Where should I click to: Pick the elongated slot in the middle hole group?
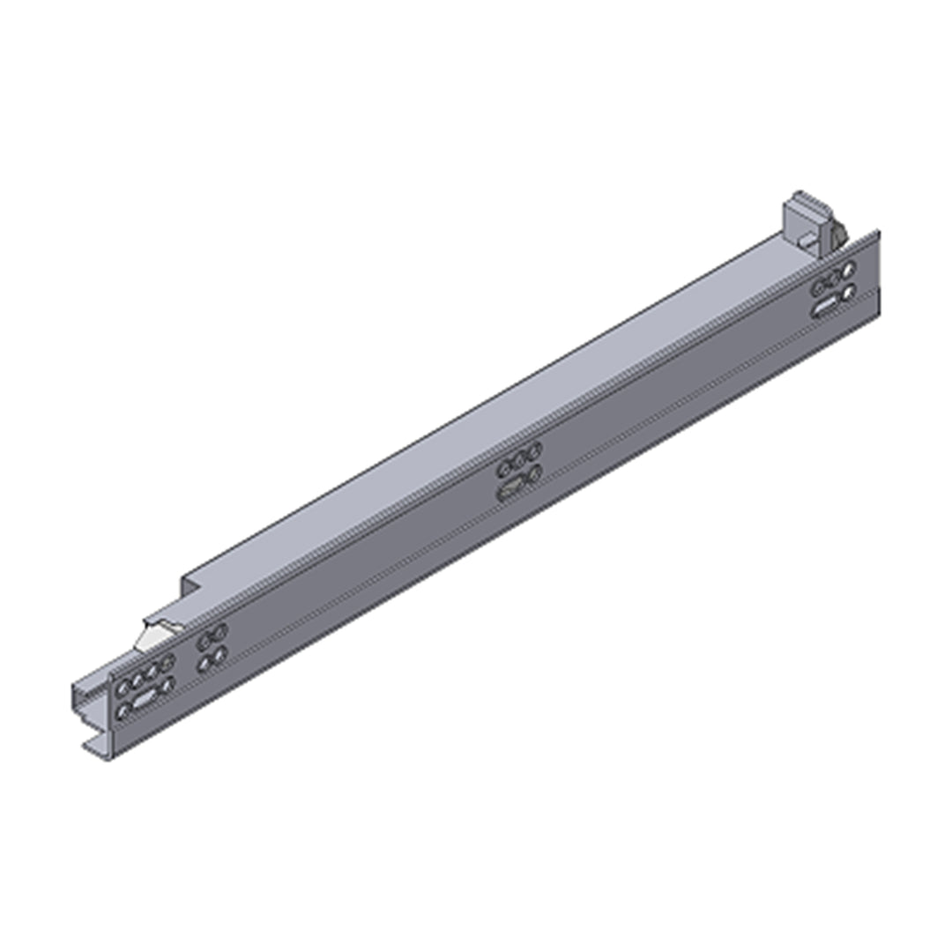[x=510, y=491]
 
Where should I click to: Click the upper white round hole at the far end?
[x=848, y=271]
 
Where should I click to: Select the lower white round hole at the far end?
[x=848, y=291]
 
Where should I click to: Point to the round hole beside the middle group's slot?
[x=534, y=474]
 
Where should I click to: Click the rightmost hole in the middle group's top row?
[x=533, y=451]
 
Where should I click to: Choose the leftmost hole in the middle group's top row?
[x=504, y=468]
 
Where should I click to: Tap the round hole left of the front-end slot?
[x=123, y=710]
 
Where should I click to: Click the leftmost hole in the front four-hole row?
[x=123, y=685]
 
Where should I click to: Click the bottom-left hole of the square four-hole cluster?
[x=204, y=664]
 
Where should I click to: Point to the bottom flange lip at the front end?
[x=97, y=749]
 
